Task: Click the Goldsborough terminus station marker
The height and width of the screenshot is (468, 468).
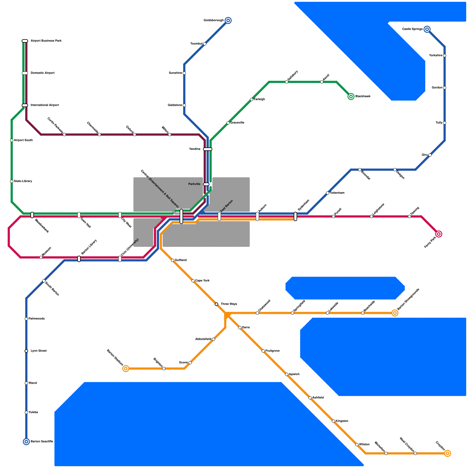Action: coord(228,20)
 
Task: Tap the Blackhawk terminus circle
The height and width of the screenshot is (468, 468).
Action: coord(351,97)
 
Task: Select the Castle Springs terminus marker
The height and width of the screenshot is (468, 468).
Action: coord(427,29)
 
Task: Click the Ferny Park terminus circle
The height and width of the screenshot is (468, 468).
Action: coord(439,234)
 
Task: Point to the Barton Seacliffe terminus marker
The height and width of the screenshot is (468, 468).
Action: coord(26,442)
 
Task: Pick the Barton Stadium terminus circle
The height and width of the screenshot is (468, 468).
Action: coord(126,369)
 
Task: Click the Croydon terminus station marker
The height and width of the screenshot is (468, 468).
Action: coord(448,453)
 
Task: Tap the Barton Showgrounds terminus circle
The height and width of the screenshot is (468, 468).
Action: coord(395,313)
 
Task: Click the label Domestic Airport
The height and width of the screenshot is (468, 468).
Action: coord(43,73)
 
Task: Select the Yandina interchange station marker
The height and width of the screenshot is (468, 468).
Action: coord(208,149)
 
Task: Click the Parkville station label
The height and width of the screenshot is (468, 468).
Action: coord(194,184)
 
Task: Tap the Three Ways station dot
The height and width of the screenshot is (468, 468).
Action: coord(216,304)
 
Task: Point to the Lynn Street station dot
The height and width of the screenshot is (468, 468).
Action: coord(26,351)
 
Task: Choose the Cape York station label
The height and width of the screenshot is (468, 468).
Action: coord(202,281)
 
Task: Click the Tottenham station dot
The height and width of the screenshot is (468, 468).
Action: coord(328,193)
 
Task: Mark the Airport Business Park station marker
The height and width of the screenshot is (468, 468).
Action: coord(25,41)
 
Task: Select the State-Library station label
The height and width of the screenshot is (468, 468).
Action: coord(23,181)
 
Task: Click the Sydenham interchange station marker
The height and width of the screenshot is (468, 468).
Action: coord(295,216)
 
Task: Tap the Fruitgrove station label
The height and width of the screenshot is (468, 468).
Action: coord(273,351)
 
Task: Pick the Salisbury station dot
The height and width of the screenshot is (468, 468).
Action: coord(287,82)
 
